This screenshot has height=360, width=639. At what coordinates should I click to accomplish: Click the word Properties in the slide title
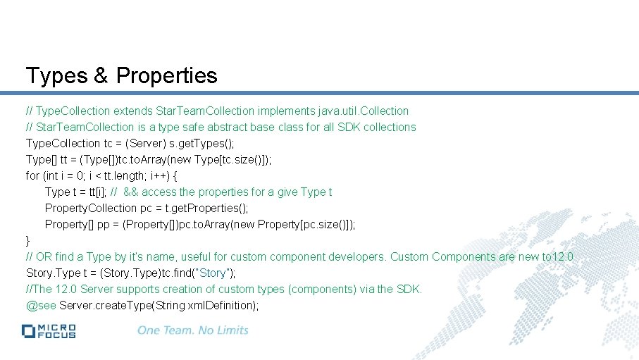tap(167, 75)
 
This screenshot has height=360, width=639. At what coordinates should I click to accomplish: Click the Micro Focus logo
tap(49, 330)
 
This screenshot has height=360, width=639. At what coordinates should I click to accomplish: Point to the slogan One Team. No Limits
tap(192, 330)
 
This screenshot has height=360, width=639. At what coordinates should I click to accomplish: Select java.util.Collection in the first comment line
tap(363, 111)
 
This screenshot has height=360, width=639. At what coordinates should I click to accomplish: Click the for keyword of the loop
tap(32, 175)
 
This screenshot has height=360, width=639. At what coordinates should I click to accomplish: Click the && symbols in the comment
tap(131, 192)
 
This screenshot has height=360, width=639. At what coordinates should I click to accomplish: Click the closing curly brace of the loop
tap(28, 240)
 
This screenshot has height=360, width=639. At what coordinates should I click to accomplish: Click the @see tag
tap(41, 305)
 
